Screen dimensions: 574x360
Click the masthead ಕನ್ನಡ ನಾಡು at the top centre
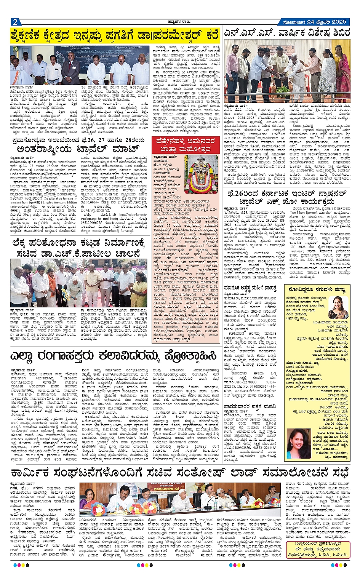pyautogui.click(x=179, y=21)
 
